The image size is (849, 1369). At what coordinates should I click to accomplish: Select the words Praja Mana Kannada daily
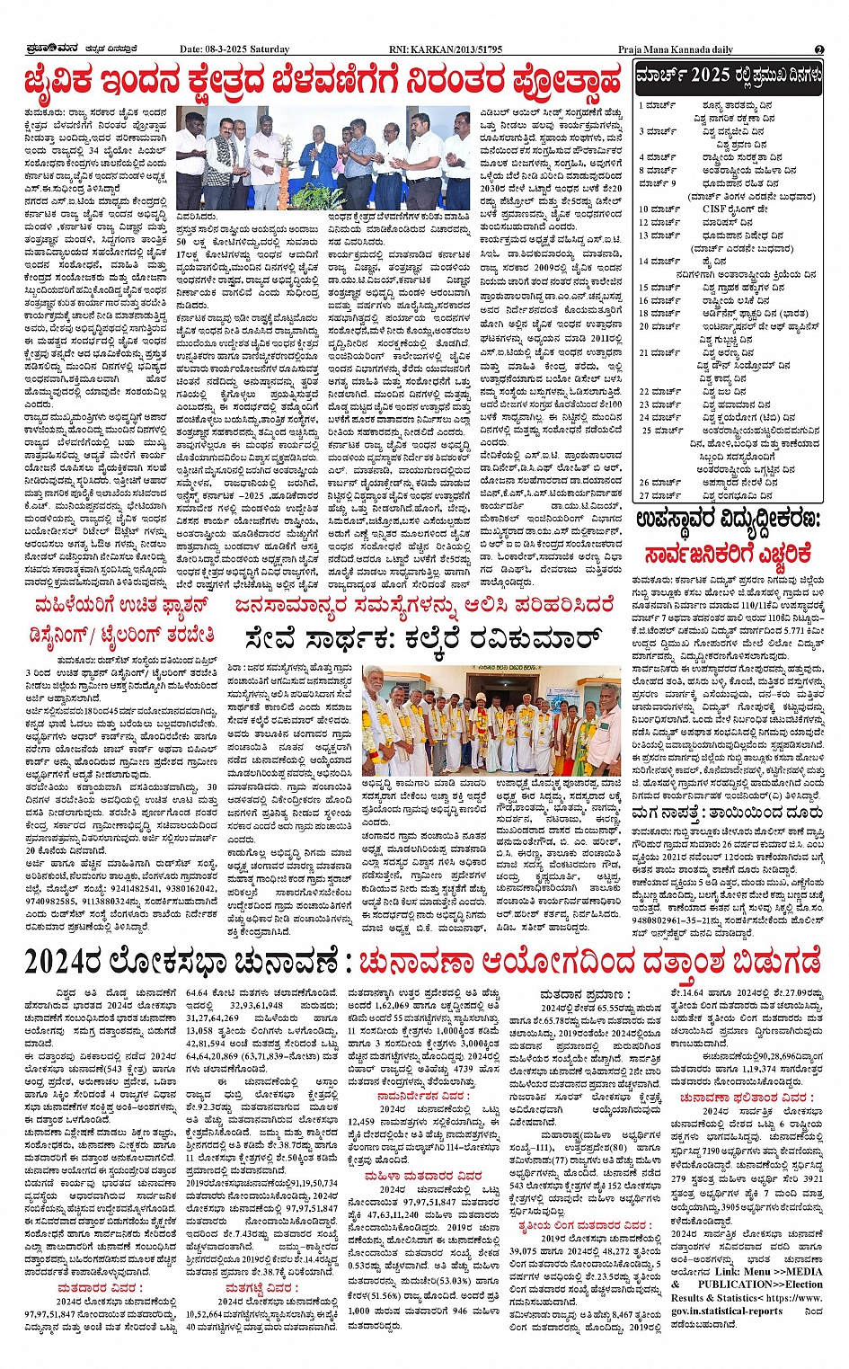[675, 49]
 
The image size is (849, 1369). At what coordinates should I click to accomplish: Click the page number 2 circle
[819, 49]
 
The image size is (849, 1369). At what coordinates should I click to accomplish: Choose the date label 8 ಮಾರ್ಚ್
[658, 170]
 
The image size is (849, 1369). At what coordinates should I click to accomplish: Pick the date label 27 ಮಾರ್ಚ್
[659, 495]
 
